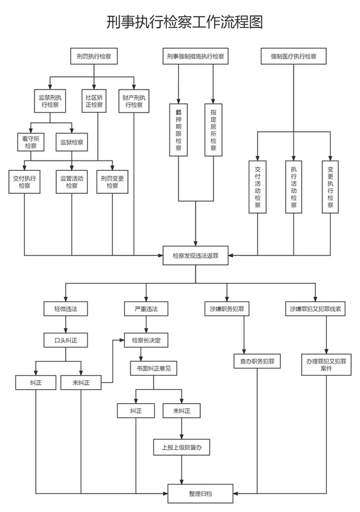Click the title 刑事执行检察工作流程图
pyautogui.click(x=184, y=22)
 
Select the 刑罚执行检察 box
pyautogui.click(x=94, y=56)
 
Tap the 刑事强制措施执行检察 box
pyautogui.click(x=196, y=56)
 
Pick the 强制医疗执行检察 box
pyautogui.click(x=293, y=56)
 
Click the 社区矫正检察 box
pyautogui.click(x=94, y=101)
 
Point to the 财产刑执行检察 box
pyautogui.click(x=134, y=101)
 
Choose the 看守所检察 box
pyautogui.click(x=31, y=142)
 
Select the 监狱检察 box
pyautogui.click(x=72, y=142)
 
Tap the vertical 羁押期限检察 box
pyautogui.click(x=178, y=130)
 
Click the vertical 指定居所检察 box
pyautogui.click(x=214, y=130)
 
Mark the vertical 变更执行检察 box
pyautogui.click(x=331, y=187)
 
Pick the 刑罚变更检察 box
pyautogui.click(x=113, y=182)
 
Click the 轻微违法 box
pyautogui.click(x=66, y=308)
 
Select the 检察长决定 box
pyautogui.click(x=146, y=340)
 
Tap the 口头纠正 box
pyautogui.click(x=66, y=340)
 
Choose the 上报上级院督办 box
pyautogui.click(x=182, y=447)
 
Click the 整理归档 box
pyautogui.click(x=200, y=493)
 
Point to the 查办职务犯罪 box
pyautogui.click(x=257, y=361)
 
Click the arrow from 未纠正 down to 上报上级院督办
pyautogui.click(x=182, y=428)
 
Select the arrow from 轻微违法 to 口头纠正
pyautogui.click(x=66, y=324)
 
